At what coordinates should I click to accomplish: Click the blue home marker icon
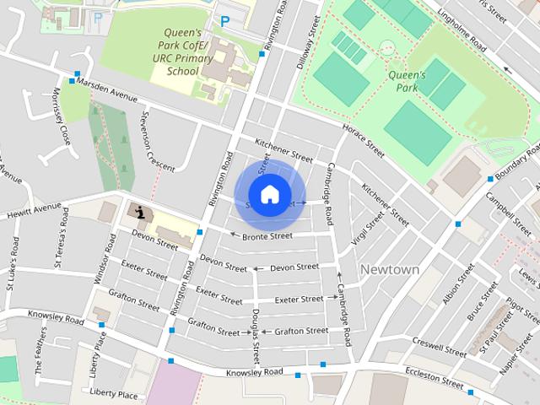pos(269,194)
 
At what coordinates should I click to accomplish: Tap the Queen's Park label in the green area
pos(408,80)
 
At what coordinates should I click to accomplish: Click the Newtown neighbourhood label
pos(390,269)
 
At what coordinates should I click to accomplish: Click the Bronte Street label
pos(267,236)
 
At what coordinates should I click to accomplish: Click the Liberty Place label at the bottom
pos(113,394)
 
